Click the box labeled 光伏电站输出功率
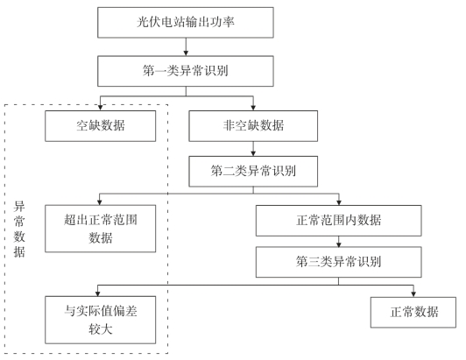click(186, 23)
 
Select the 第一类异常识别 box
click(186, 71)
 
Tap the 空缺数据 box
click(101, 126)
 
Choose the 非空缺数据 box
click(253, 126)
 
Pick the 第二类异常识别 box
click(253, 172)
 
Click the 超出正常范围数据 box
click(101, 229)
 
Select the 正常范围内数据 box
click(338, 221)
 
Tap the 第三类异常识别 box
click(338, 262)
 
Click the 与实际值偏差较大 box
click(101, 320)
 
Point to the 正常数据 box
click(413, 313)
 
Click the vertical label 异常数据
click(19, 229)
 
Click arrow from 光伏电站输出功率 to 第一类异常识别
click(186, 47)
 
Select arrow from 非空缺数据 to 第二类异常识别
click(253, 149)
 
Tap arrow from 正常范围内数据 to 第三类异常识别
click(338, 242)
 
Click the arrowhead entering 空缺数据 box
click(101, 108)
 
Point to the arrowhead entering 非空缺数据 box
click(253, 108)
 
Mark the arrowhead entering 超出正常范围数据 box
click(100, 202)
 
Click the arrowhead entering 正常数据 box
click(413, 294)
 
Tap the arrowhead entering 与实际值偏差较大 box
click(98, 293)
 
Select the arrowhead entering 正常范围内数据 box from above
click(339, 202)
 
